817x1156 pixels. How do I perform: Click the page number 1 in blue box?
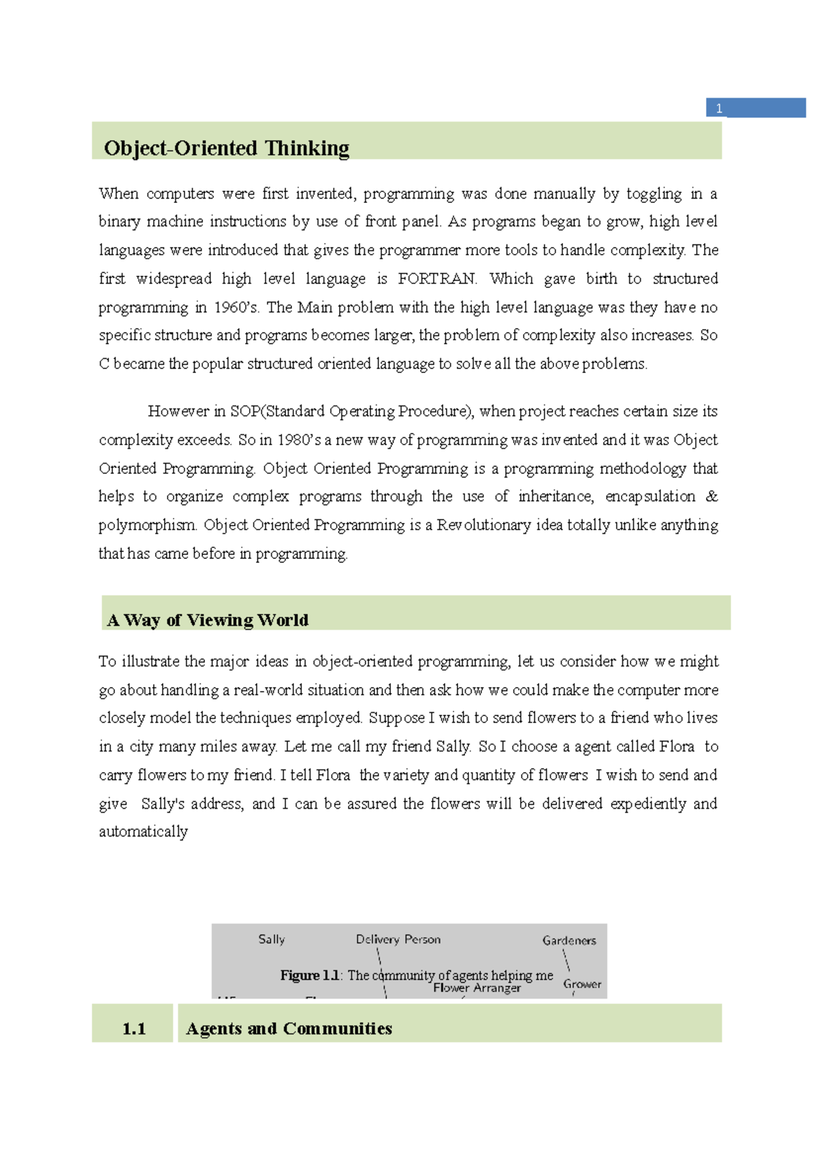pos(719,108)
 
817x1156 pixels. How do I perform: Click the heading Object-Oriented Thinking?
pos(226,148)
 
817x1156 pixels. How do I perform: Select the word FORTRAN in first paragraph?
pos(437,279)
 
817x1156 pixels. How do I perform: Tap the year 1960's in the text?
pos(236,308)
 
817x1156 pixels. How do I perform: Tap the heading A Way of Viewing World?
pos(208,620)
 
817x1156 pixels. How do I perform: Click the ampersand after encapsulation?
pos(711,497)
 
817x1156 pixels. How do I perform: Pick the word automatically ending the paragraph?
pos(143,832)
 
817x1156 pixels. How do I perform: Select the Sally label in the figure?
pos(271,940)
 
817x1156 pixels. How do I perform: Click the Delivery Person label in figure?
pos(398,940)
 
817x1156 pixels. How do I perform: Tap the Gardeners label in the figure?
pos(568,941)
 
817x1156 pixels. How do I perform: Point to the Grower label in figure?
pos(581,984)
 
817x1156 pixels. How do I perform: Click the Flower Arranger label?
pos(477,989)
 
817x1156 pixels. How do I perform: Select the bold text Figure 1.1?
pos(310,976)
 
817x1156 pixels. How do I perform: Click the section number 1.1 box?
pos(133,1029)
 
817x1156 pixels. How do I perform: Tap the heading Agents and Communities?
pos(289,1029)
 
